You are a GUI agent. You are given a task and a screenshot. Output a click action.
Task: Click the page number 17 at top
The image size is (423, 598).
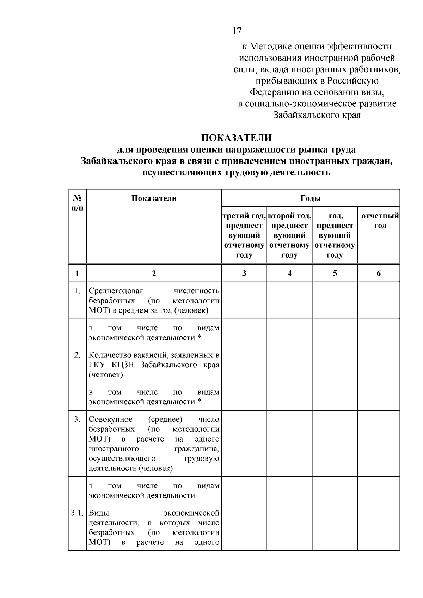click(x=237, y=31)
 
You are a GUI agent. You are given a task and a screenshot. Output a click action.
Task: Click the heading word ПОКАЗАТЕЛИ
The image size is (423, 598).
click(x=237, y=138)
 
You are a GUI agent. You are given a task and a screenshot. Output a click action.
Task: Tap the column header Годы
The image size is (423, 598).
click(x=311, y=198)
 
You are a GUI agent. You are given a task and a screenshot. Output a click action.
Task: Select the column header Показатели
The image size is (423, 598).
click(x=154, y=198)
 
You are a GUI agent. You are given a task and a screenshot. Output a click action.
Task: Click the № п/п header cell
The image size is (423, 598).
click(x=77, y=203)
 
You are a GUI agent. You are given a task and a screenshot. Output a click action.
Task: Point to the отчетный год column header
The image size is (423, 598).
click(x=379, y=221)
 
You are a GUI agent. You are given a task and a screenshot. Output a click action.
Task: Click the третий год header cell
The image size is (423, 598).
click(x=244, y=235)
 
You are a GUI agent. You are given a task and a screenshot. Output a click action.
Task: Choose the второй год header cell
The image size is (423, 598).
click(x=289, y=235)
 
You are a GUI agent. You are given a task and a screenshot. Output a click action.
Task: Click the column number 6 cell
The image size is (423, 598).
click(x=379, y=273)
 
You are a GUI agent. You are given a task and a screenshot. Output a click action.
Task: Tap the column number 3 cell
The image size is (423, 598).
click(x=244, y=273)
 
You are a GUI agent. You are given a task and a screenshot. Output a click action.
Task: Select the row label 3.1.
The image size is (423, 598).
click(x=77, y=513)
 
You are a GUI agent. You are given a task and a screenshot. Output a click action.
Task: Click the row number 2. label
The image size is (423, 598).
click(x=77, y=355)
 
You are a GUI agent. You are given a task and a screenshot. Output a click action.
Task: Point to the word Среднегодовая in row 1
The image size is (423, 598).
click(x=116, y=291)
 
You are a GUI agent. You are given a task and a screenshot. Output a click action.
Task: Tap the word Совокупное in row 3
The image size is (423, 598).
click(x=111, y=419)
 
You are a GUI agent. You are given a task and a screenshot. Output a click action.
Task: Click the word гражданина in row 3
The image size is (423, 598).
click(x=197, y=449)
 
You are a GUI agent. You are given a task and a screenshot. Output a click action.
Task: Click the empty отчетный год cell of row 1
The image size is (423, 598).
click(x=379, y=300)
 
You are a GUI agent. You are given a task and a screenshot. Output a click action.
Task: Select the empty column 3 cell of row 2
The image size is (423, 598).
click(x=244, y=364)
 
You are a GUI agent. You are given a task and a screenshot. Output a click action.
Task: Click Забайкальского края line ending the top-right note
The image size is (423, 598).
click(x=317, y=115)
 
